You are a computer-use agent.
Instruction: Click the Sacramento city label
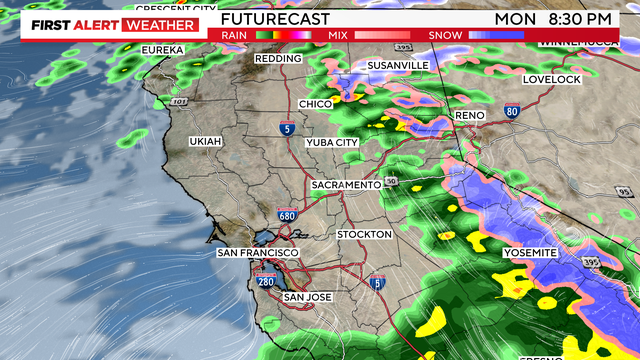click(346, 186)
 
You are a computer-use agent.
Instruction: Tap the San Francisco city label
click(254, 253)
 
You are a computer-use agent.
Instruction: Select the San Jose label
click(308, 297)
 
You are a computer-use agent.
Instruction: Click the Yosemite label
click(529, 253)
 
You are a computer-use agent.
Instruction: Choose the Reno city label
click(469, 116)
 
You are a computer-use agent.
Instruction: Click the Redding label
click(278, 59)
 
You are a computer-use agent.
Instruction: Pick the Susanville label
click(398, 65)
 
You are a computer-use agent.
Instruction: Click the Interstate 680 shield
click(287, 214)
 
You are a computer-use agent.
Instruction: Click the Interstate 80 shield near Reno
click(512, 111)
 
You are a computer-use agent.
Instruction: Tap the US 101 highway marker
click(179, 101)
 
